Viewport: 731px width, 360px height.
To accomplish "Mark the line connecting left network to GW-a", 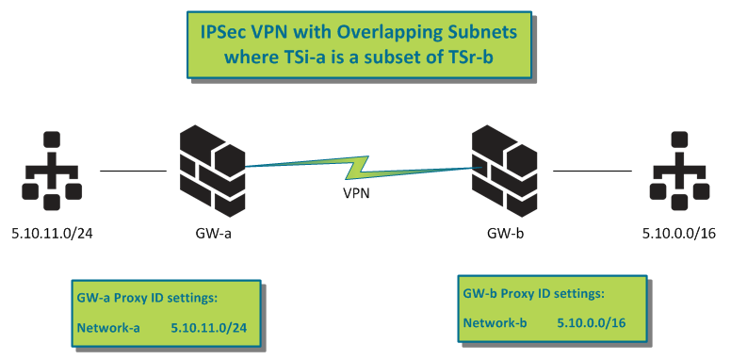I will pyautogui.click(x=133, y=172).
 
